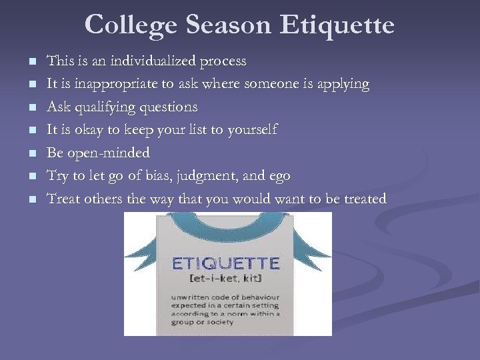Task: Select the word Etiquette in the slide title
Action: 338,25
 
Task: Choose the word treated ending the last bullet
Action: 363,199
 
